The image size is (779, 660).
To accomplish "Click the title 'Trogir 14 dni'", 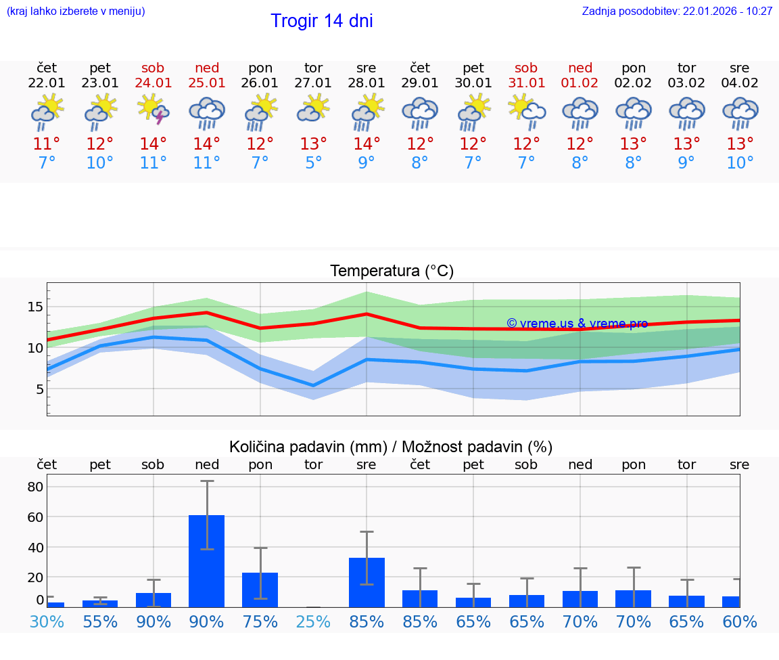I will pyautogui.click(x=321, y=21).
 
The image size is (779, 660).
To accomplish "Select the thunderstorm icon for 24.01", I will pyautogui.click(x=154, y=110).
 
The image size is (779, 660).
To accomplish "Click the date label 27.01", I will pyautogui.click(x=313, y=83).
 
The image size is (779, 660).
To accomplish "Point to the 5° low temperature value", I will pyautogui.click(x=313, y=163).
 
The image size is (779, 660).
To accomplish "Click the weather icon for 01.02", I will pyautogui.click(x=580, y=112).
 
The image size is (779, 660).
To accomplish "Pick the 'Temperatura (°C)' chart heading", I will pyautogui.click(x=392, y=271).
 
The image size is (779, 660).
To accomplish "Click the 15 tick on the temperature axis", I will pyautogui.click(x=35, y=307).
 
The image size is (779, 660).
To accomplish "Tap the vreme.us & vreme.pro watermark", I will pyautogui.click(x=577, y=324).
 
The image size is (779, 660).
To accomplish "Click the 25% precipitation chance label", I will pyautogui.click(x=313, y=622).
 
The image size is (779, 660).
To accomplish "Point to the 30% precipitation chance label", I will pyautogui.click(x=47, y=622).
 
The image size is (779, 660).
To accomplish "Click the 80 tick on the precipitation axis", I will pyautogui.click(x=35, y=487).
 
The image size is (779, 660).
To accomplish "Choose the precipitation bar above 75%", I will pyautogui.click(x=260, y=590).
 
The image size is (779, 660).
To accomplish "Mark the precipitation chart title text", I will pyautogui.click(x=391, y=447).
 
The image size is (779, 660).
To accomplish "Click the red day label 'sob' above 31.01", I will pyautogui.click(x=526, y=68).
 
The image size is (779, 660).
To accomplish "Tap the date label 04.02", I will pyautogui.click(x=740, y=83).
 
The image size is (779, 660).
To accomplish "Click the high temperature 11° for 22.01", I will pyautogui.click(x=47, y=144).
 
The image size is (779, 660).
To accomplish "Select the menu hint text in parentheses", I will pyautogui.click(x=75, y=12).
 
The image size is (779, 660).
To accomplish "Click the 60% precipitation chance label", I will pyautogui.click(x=740, y=622).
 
